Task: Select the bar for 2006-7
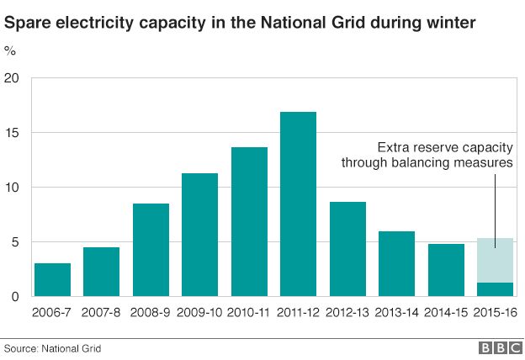[52, 279]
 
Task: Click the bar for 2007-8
[101, 271]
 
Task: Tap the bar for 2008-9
[151, 250]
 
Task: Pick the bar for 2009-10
[199, 235]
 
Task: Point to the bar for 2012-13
[347, 249]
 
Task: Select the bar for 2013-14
[396, 263]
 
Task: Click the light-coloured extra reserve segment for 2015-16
[495, 260]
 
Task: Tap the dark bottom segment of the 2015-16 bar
[495, 289]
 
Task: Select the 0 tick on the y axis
[15, 297]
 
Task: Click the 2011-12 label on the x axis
[298, 312]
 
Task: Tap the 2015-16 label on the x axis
[495, 312]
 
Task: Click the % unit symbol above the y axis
[10, 50]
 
